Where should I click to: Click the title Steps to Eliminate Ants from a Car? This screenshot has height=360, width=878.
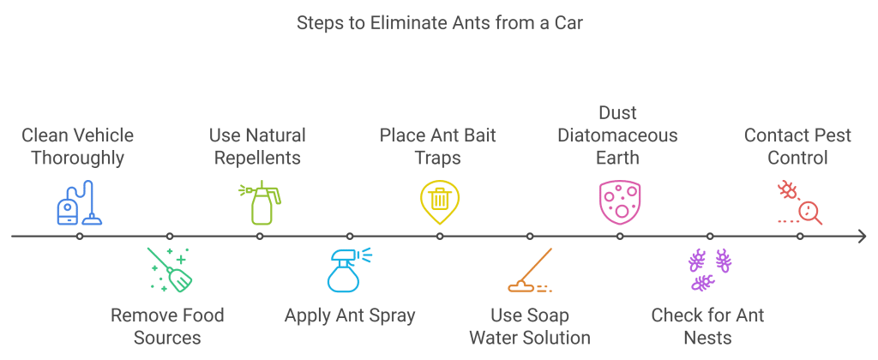coord(439,23)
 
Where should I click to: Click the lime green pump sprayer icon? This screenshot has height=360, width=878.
coord(259,203)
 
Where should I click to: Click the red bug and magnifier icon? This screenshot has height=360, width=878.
coord(799,202)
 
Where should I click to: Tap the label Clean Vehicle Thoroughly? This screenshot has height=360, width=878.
coord(77,147)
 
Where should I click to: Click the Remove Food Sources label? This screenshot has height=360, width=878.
coord(167,326)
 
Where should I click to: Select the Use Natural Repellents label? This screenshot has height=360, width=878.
coord(257,147)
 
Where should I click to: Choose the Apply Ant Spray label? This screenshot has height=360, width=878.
coord(350,315)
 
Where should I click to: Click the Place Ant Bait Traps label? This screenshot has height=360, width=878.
coord(438,147)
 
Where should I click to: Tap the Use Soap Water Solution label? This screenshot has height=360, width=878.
coord(529,326)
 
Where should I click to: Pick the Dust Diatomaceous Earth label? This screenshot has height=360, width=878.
coord(617,135)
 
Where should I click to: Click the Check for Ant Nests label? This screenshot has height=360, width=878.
coord(707,326)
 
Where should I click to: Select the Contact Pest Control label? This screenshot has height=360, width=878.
coord(797,147)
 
